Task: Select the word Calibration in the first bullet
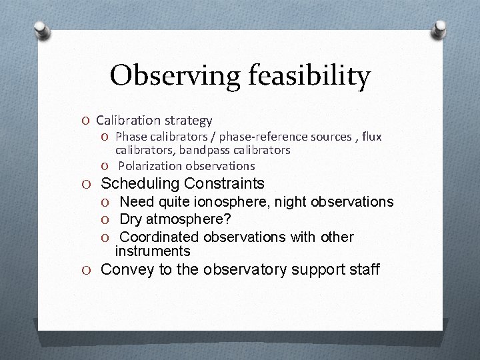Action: pyautogui.click(x=125, y=121)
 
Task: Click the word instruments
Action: pyautogui.click(x=153, y=251)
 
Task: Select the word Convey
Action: pyautogui.click(x=125, y=270)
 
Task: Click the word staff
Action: pyautogui.click(x=365, y=270)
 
